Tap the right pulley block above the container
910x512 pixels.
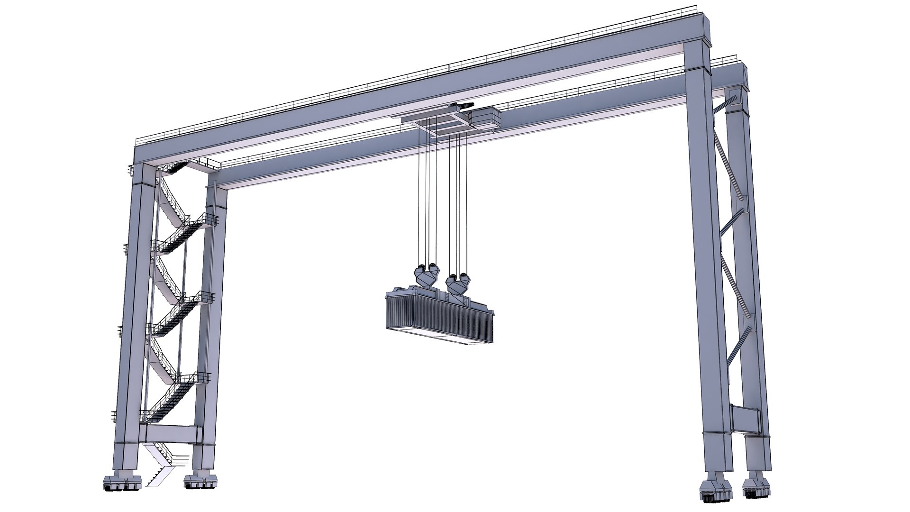click(x=458, y=284)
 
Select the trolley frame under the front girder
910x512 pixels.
click(x=436, y=125)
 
